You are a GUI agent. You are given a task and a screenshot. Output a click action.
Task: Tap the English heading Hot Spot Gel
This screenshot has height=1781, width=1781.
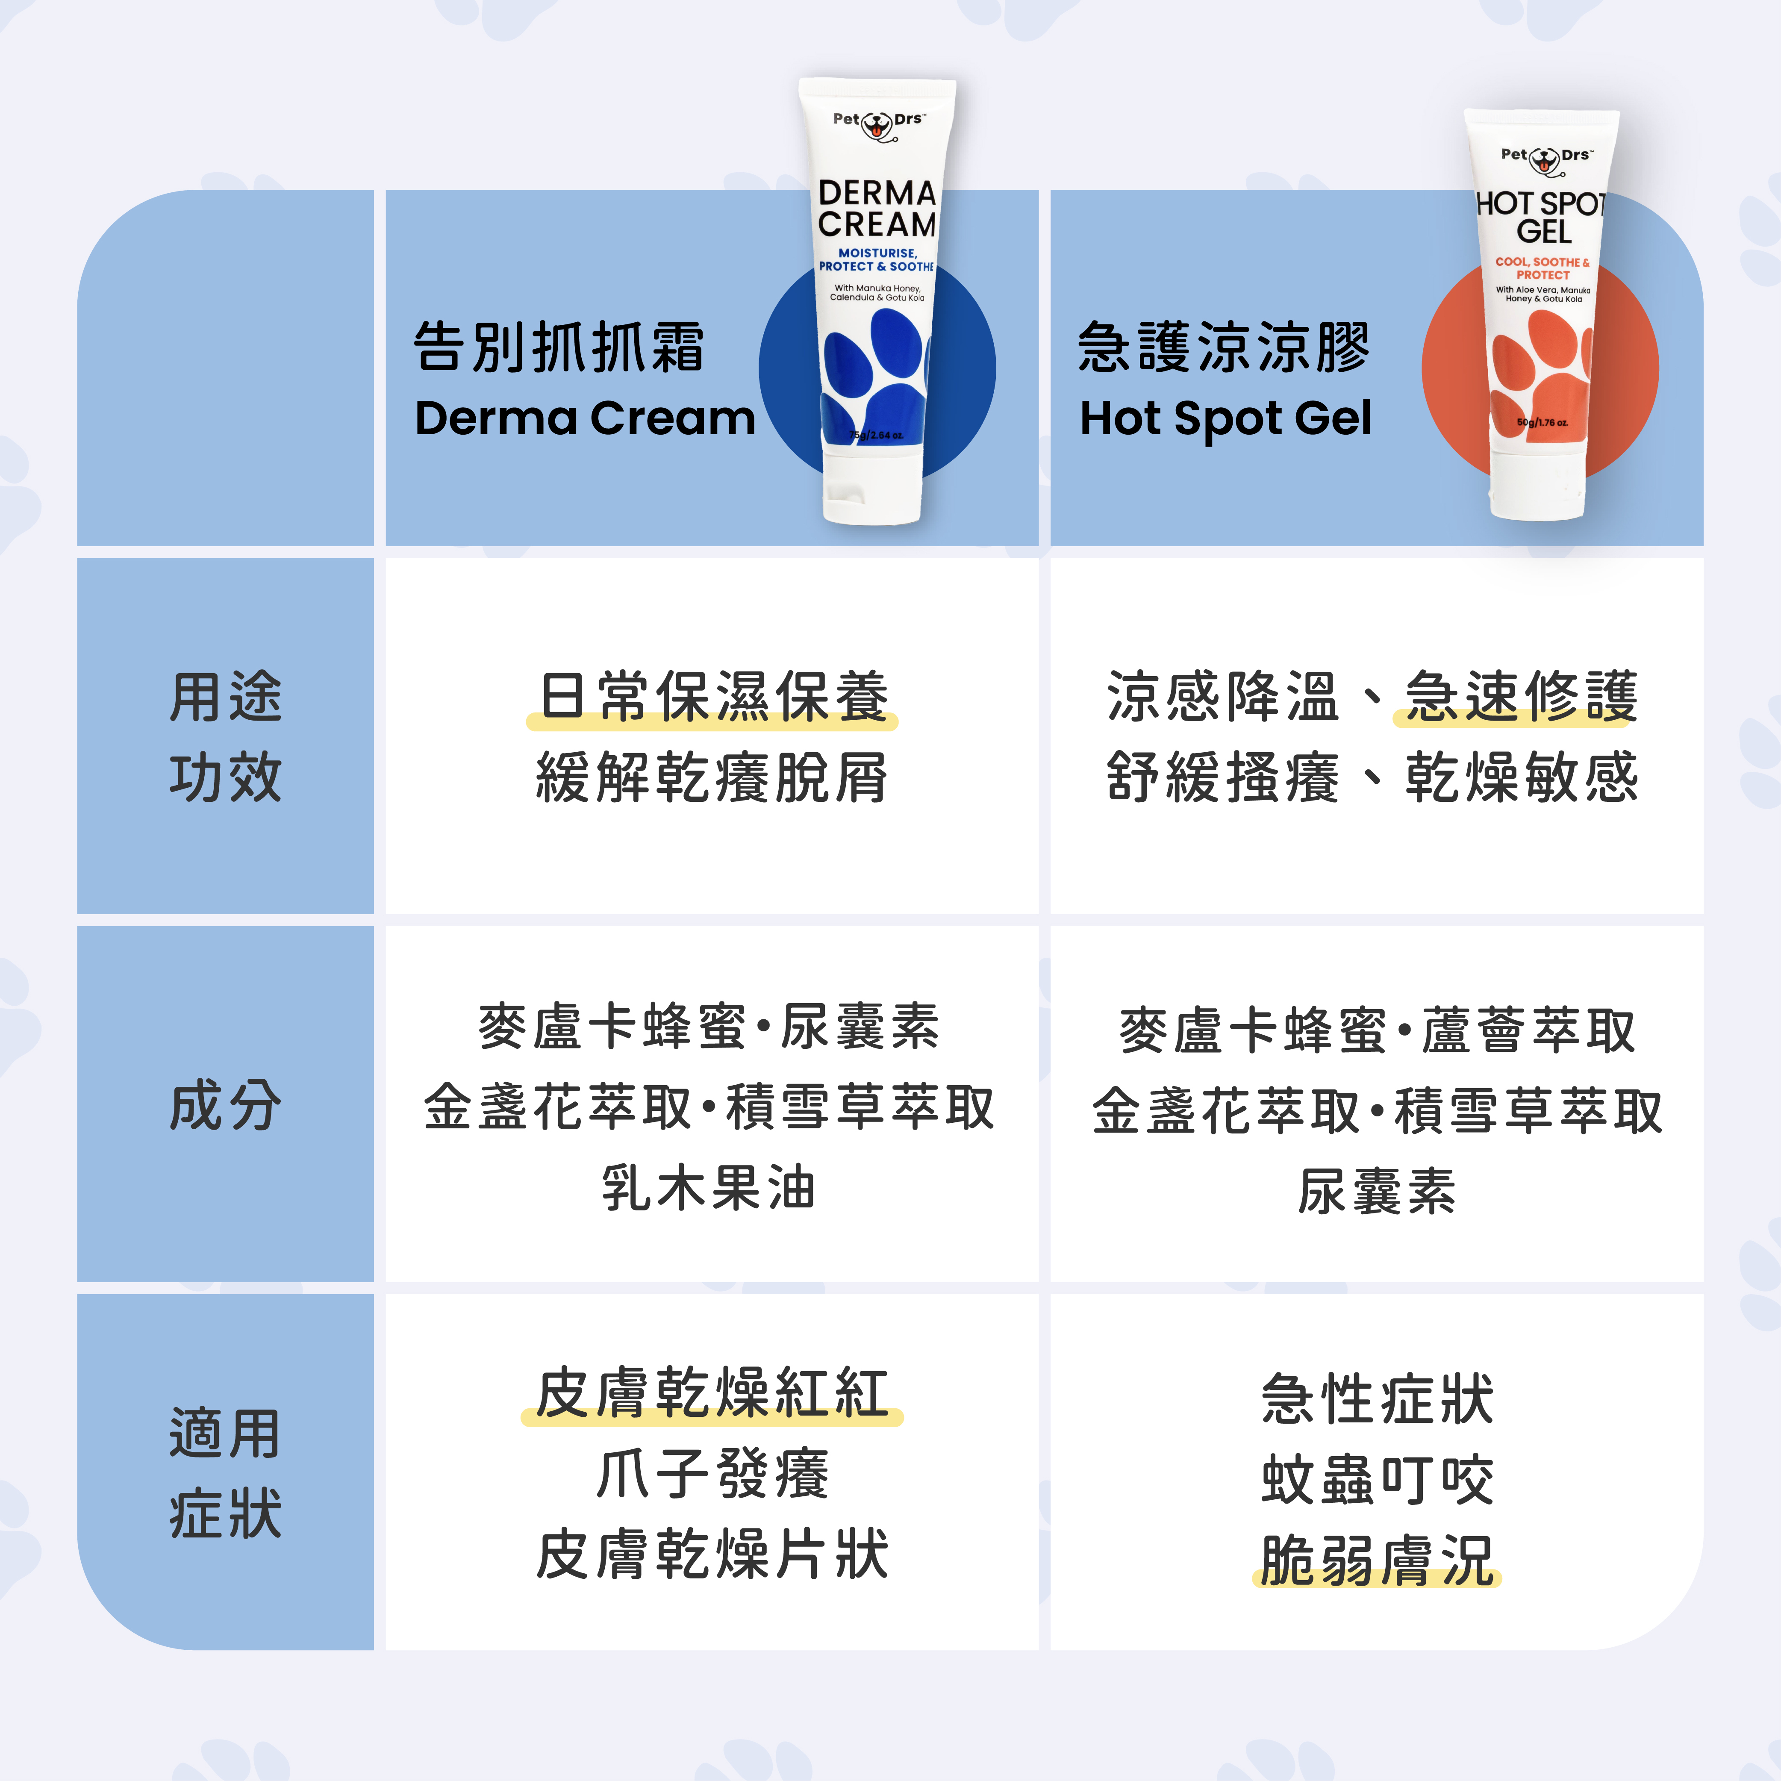[x=1225, y=418]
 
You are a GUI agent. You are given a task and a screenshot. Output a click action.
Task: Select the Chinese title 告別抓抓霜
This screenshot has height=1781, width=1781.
[x=559, y=347]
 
